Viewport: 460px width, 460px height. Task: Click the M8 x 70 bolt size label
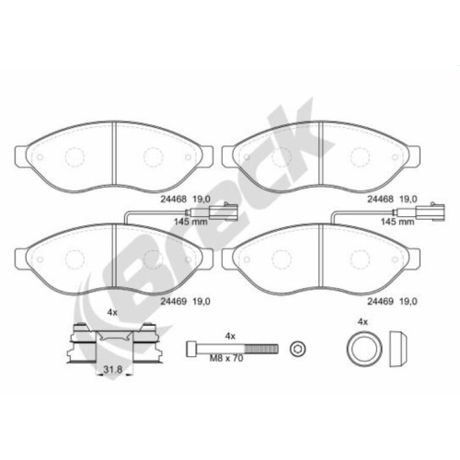coord(226,358)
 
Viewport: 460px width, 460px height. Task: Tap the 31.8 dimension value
coord(113,370)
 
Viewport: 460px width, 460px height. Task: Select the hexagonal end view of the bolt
coord(298,350)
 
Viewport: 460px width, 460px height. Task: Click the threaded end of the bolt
coord(261,349)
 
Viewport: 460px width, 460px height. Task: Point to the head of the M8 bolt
coord(191,349)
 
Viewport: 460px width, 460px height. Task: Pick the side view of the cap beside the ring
coord(398,349)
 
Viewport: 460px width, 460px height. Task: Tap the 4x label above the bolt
coord(230,336)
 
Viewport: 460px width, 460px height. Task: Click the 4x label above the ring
coord(362,322)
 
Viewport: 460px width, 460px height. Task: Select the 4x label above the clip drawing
coord(112,313)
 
